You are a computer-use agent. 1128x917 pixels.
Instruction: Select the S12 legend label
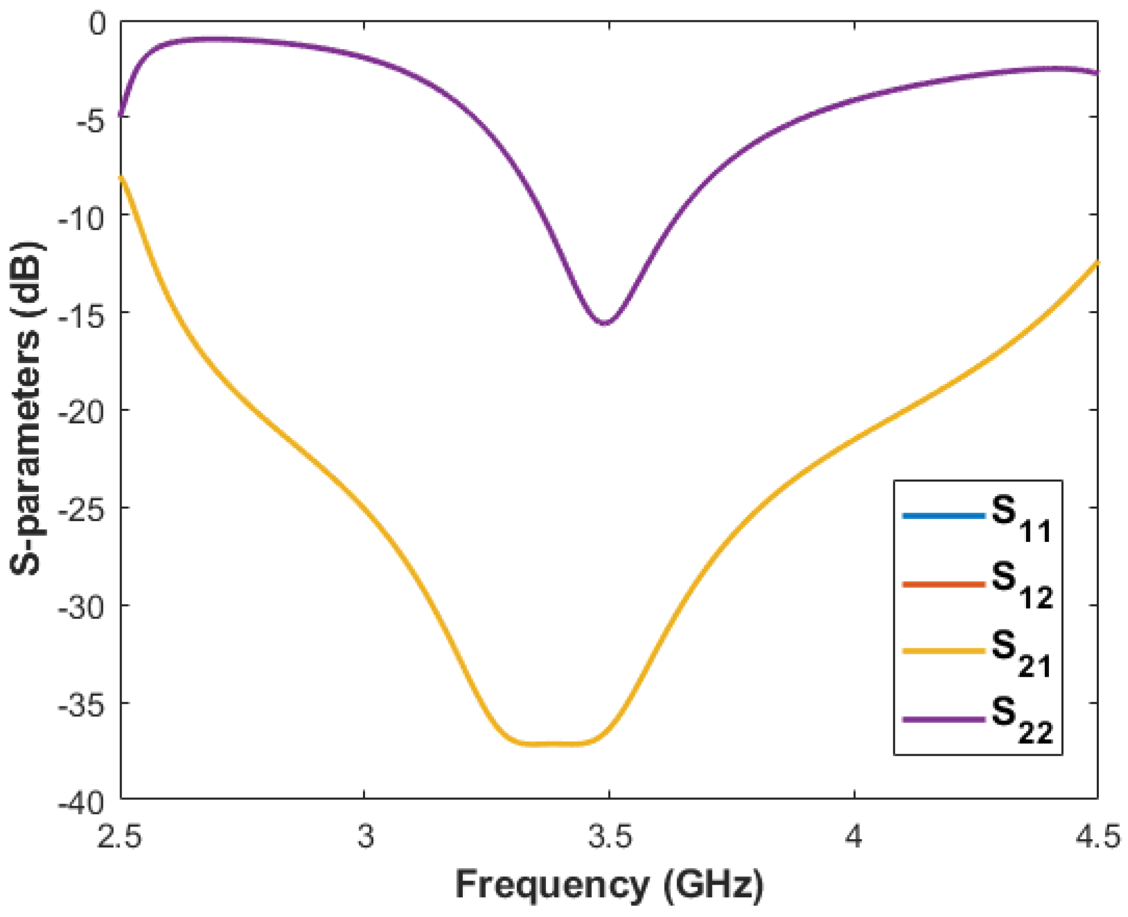(x=1021, y=587)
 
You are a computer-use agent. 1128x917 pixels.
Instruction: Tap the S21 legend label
(x=1021, y=654)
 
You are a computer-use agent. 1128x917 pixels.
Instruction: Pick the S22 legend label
(x=1021, y=721)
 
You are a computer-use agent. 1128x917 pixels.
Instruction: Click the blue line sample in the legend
(x=943, y=515)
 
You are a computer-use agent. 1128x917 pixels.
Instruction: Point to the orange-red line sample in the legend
(x=943, y=584)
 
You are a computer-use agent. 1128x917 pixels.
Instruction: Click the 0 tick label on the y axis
(x=97, y=24)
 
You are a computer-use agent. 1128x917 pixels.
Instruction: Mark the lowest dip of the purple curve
(x=605, y=324)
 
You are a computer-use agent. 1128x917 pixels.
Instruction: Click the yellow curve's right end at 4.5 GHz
(x=1097, y=263)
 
